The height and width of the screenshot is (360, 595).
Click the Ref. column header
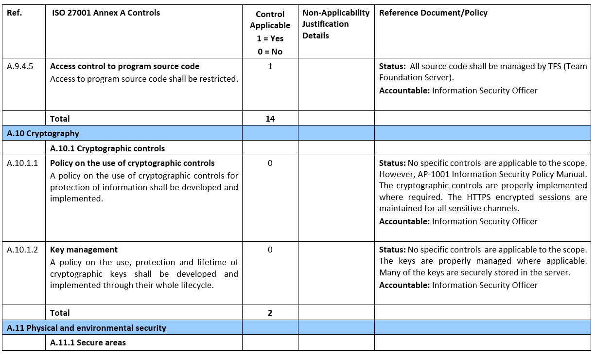tap(15, 13)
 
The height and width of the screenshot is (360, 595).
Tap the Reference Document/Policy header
tap(433, 13)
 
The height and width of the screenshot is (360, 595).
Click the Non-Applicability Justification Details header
tap(335, 24)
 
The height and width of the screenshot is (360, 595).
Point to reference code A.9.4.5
tap(20, 67)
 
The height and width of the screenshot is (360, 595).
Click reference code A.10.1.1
tap(22, 163)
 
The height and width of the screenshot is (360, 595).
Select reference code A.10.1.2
tap(22, 250)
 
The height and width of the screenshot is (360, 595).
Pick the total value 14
tap(270, 119)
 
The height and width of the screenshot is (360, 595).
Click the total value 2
tap(270, 313)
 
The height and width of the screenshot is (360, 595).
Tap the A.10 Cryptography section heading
tap(43, 133)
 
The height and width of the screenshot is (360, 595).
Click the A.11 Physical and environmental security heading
tap(87, 328)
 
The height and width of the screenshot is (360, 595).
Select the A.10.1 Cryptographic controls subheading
tap(107, 148)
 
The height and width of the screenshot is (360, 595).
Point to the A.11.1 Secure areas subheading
tap(88, 343)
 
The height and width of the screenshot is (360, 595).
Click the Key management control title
tap(84, 250)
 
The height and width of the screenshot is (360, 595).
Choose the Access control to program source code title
tap(125, 67)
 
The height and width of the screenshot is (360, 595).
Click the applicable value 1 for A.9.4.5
tap(270, 67)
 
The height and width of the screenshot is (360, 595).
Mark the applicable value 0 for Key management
tap(270, 250)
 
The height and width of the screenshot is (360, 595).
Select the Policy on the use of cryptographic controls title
tap(132, 163)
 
